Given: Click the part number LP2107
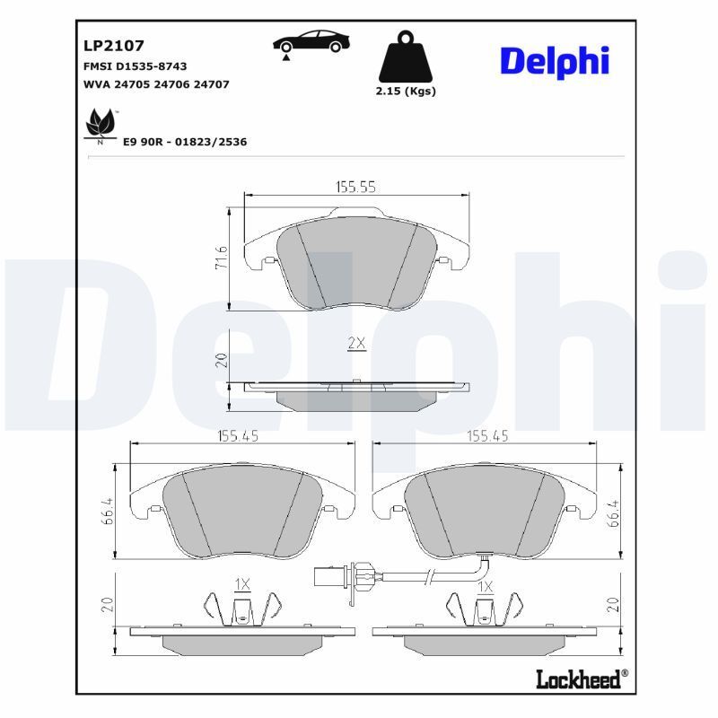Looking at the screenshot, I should pyautogui.click(x=114, y=45).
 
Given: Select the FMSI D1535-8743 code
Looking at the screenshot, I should pyautogui.click(x=135, y=66).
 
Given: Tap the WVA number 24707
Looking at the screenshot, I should pyautogui.click(x=213, y=84).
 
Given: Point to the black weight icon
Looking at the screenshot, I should pyautogui.click(x=407, y=59).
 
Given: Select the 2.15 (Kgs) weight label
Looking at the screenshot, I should pyautogui.click(x=406, y=92).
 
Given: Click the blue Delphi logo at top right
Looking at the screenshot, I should pyautogui.click(x=554, y=60).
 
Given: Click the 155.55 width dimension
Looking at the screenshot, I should pyautogui.click(x=355, y=187).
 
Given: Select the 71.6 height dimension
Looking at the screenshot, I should pyautogui.click(x=222, y=259).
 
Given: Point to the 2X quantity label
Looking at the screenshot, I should pyautogui.click(x=356, y=343).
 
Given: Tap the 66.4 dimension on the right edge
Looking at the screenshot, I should pyautogui.click(x=613, y=512).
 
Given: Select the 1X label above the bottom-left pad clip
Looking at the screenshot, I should pyautogui.click(x=242, y=584).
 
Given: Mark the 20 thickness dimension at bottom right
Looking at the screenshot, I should pyautogui.click(x=613, y=603).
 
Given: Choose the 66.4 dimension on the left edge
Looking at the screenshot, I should pyautogui.click(x=108, y=512).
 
